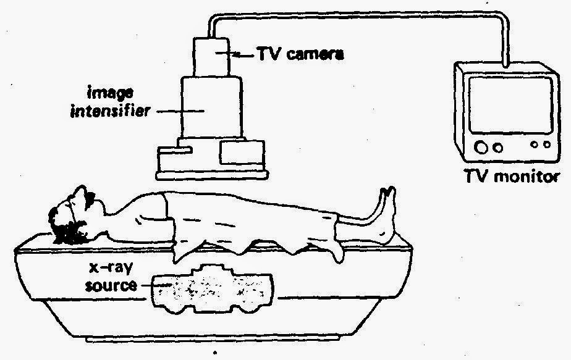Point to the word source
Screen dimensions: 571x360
[x=111, y=285]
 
